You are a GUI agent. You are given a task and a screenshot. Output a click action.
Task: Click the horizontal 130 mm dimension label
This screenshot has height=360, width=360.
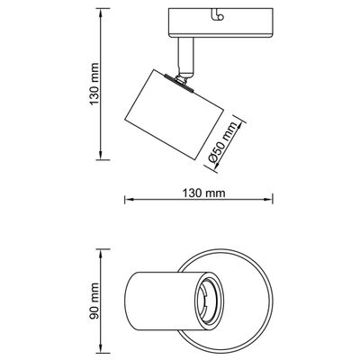coord(202,193)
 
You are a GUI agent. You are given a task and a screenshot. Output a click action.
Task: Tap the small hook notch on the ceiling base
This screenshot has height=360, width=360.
coord(219,13)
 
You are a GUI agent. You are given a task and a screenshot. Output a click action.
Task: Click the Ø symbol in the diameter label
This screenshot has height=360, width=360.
coord(213,159)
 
